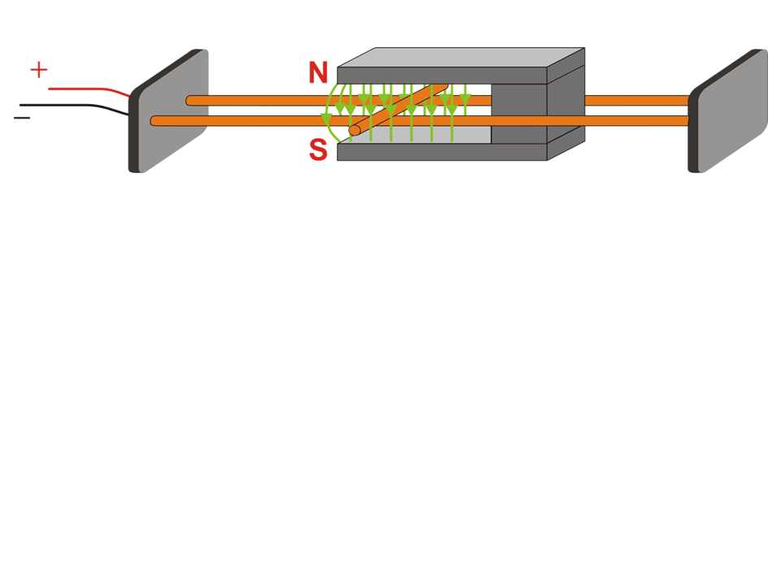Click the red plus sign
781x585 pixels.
point(38,70)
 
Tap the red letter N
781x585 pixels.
point(318,73)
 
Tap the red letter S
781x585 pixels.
point(318,150)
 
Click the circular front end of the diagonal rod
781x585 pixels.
point(354,130)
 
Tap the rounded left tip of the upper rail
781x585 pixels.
point(190,101)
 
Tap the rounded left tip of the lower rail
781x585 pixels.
point(155,121)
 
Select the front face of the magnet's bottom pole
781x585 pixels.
point(439,152)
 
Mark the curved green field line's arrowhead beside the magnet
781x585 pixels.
point(326,120)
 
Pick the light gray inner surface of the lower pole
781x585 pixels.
point(431,135)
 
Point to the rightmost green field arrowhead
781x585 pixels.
point(465,100)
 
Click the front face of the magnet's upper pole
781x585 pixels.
point(439,75)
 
